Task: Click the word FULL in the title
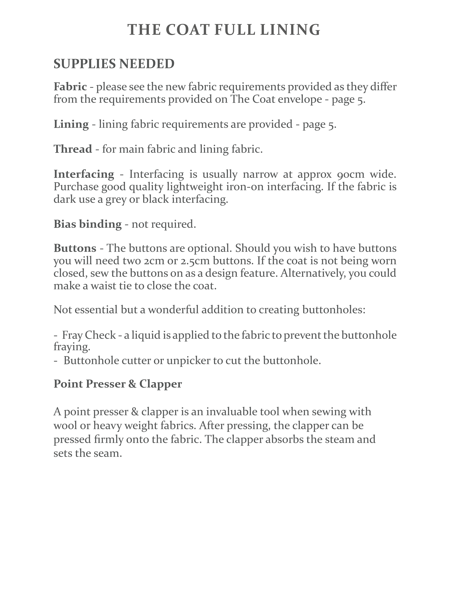coord(235,30)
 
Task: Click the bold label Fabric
coord(70,87)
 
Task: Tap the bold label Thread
coord(73,149)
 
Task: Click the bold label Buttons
coord(75,248)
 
